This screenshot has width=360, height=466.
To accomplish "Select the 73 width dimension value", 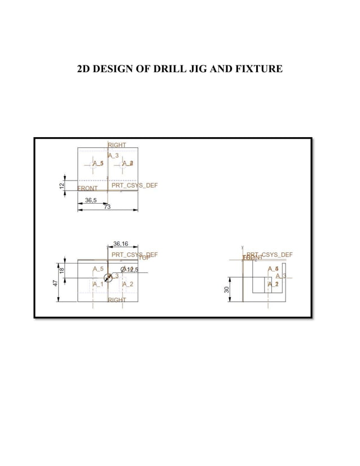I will click(x=107, y=207).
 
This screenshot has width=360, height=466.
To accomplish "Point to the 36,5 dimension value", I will click(x=90, y=200).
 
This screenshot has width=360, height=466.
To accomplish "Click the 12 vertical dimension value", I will click(x=62, y=186).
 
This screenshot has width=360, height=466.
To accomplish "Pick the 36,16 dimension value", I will click(x=121, y=244).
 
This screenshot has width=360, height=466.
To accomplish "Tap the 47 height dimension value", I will click(x=55, y=282).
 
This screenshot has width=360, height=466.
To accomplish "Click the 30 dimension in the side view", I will click(x=226, y=289).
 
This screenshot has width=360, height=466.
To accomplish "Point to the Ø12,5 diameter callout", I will click(x=129, y=270).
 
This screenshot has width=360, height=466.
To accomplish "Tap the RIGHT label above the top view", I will click(x=117, y=145).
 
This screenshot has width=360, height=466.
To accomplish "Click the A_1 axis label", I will click(x=98, y=284).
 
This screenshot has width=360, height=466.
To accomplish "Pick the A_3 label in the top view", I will click(x=113, y=155).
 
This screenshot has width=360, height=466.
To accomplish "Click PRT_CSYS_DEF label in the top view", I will click(x=134, y=185).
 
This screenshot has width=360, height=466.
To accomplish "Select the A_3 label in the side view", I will click(x=281, y=276).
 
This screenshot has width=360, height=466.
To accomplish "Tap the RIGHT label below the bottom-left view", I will click(x=117, y=300).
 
